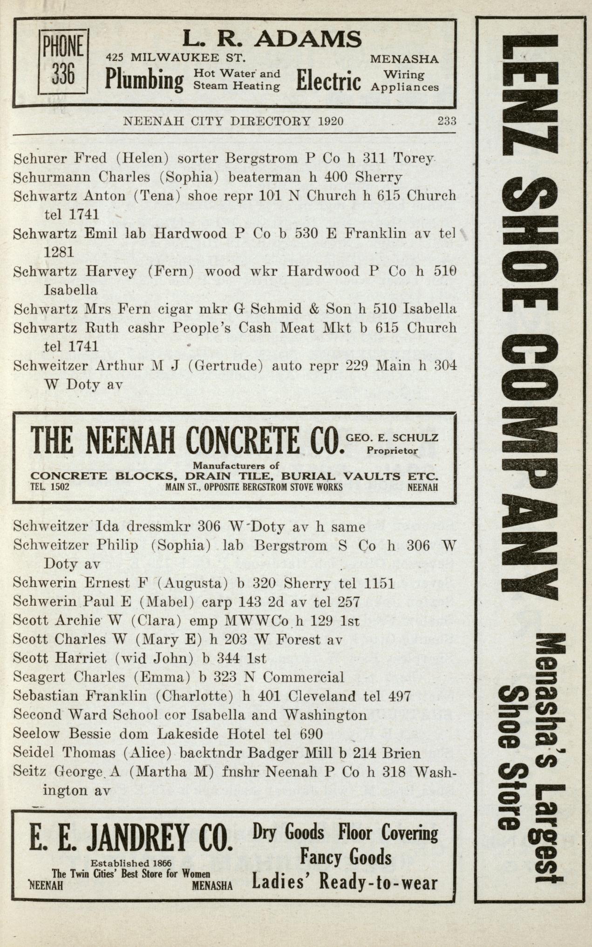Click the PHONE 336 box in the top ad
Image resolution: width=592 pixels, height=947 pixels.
pos(63,61)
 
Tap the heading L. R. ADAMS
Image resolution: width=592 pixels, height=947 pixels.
pos(272,39)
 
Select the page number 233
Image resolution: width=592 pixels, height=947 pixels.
pos(446,121)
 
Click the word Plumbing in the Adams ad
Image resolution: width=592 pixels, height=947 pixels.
pos(144,80)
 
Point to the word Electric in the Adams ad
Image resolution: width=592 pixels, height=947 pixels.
pos(328,80)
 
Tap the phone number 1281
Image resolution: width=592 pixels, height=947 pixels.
pos(59,252)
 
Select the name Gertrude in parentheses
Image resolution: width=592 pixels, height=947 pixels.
pos(226,366)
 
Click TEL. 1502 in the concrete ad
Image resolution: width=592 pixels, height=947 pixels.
pos(50,487)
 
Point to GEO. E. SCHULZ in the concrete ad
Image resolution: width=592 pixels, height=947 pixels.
pos(392,437)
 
